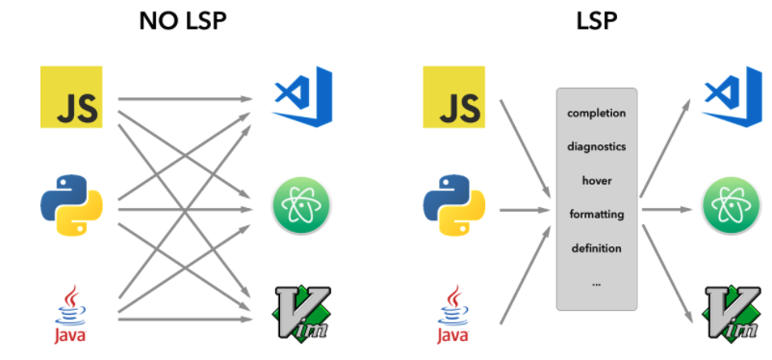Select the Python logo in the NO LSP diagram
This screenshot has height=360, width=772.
coord(71,203)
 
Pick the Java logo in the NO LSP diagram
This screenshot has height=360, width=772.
coord(70,314)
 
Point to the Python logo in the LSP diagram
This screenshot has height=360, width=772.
coord(454,203)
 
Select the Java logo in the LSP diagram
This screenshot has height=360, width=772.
coord(453,314)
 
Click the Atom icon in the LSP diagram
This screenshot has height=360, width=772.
coord(732,203)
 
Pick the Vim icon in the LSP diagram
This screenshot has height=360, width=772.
coord(732,312)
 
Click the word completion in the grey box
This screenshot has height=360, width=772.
coord(597,114)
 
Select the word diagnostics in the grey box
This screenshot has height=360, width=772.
coord(597,147)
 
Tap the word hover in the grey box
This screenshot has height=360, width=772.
coord(597,180)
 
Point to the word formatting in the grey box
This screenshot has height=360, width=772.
coord(597,214)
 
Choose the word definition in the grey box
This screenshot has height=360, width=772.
coord(597,247)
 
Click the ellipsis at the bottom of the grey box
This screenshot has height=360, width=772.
coord(597,282)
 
